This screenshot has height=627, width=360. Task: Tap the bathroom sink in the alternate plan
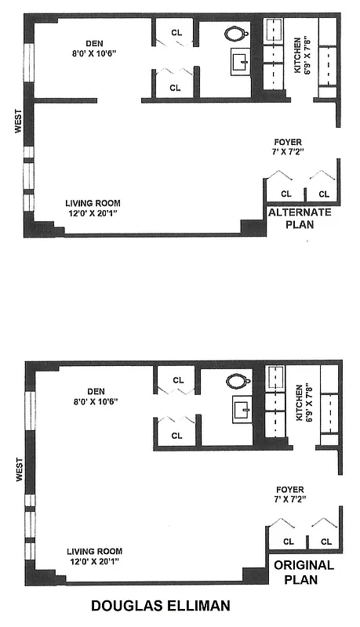[242, 62]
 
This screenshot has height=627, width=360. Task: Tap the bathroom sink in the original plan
[242, 409]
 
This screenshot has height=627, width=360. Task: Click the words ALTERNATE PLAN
[300, 218]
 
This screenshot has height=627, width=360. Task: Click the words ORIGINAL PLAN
[304, 571]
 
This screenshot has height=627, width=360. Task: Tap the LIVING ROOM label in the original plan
[93, 551]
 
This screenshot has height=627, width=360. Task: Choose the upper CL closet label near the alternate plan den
[175, 33]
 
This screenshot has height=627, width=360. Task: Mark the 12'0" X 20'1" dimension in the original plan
[94, 561]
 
